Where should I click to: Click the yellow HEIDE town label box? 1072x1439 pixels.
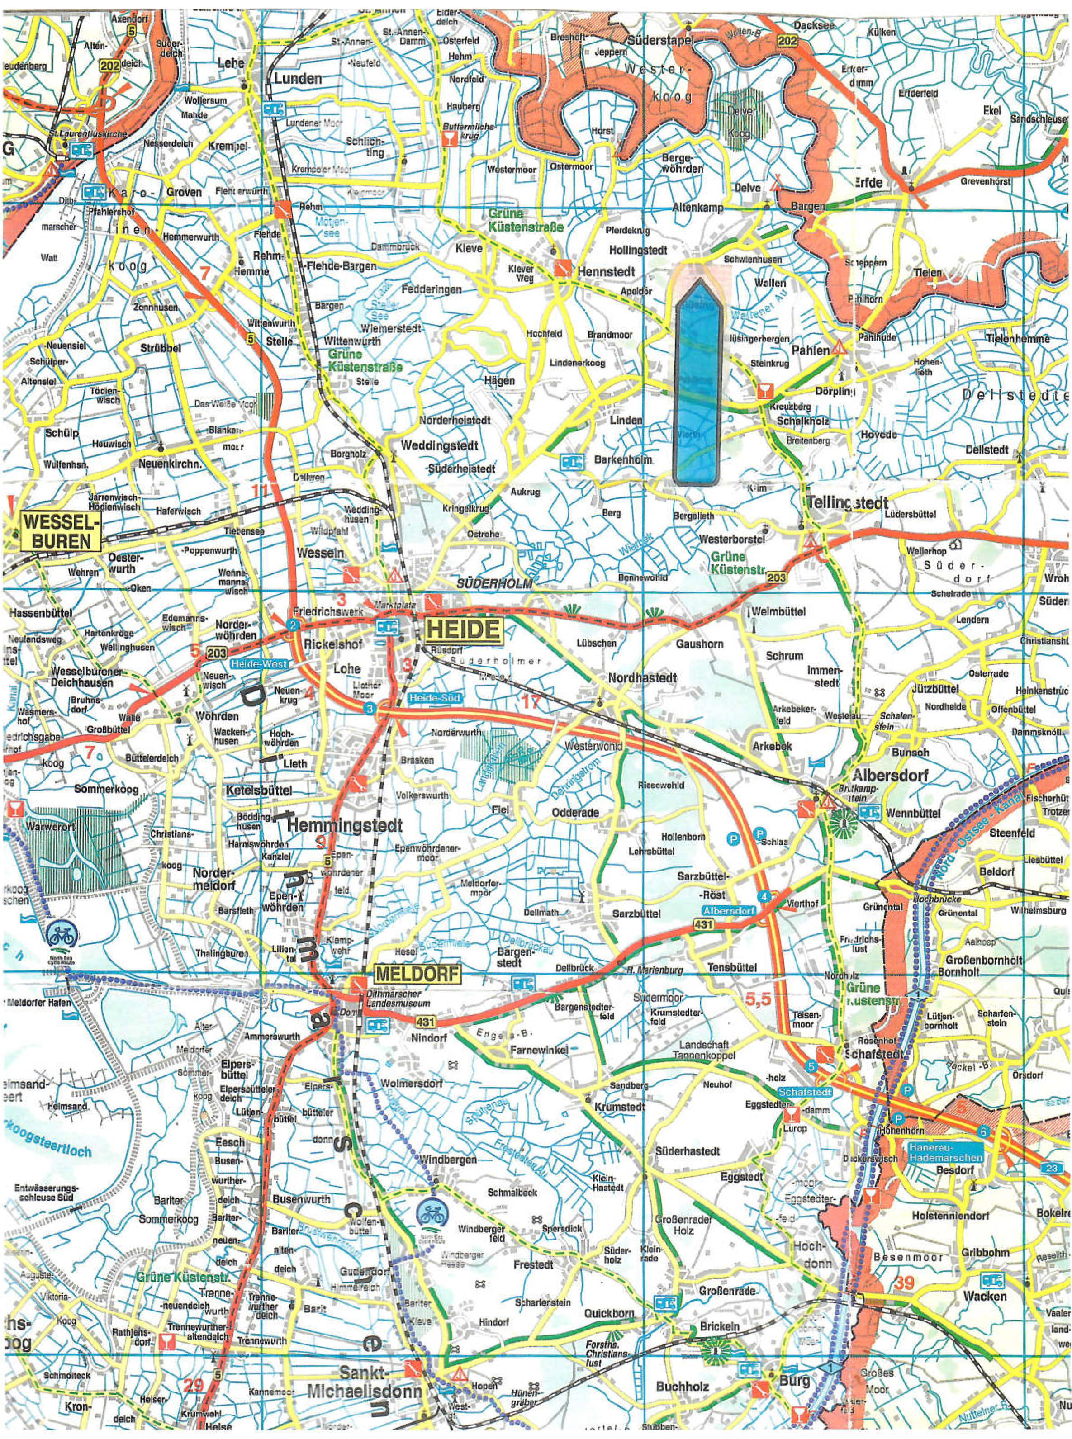463,630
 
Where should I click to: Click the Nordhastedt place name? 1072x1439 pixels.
642,678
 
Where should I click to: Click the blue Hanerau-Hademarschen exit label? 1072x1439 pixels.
945,1152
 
